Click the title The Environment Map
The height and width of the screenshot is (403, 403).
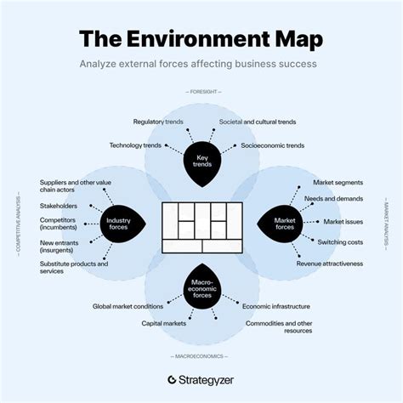coord(201,39)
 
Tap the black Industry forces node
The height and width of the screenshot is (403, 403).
coord(118,224)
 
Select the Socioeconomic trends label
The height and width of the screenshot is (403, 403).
coord(271,145)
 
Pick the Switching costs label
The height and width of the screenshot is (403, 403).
coord(340,241)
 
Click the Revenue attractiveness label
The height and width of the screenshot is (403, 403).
coord(329,264)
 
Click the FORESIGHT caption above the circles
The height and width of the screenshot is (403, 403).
coord(201,92)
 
